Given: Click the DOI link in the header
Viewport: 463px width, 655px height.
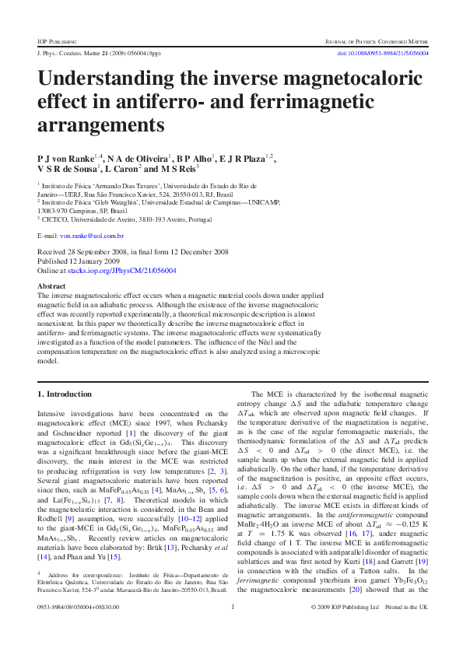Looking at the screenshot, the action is (381, 53).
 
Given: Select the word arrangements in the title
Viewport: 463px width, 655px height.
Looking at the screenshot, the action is (101, 124).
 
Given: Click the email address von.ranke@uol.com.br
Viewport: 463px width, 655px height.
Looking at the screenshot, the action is (92, 235).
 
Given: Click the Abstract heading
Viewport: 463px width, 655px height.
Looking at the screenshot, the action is (52, 286).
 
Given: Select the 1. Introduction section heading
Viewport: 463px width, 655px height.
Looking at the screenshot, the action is (65, 394).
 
